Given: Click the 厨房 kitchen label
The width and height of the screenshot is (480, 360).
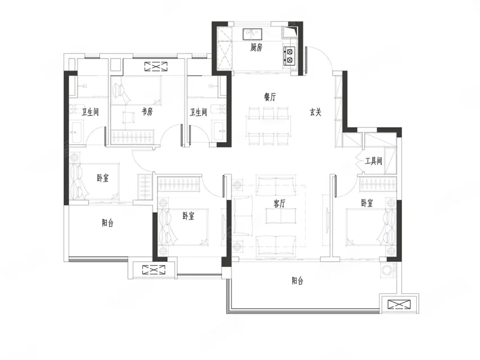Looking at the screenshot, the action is point(256,48).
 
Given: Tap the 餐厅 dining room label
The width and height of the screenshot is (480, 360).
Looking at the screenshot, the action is point(270,97).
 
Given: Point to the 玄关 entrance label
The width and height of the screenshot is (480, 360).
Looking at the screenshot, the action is point(315,112).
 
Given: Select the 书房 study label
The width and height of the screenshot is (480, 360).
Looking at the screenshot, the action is point(147,112).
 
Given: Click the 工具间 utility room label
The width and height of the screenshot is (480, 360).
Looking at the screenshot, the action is point(373,161).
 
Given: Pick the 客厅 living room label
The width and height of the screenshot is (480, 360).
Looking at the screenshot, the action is point(280,203).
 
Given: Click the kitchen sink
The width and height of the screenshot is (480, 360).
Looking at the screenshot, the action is point(253,34).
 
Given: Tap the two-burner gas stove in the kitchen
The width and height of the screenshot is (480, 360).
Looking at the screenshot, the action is point(289,56).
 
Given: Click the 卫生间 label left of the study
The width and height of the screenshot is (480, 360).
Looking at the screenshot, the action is point(90,112).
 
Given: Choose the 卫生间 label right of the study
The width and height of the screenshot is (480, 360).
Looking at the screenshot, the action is point(198,112).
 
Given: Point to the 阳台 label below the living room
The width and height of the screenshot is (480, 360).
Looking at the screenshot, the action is point(298,280).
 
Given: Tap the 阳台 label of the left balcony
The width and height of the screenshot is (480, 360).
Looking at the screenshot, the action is point(107,223).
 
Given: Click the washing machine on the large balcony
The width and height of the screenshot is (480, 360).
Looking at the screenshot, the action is point(387,270).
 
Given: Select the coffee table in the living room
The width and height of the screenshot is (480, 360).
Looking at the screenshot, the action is point(281,216).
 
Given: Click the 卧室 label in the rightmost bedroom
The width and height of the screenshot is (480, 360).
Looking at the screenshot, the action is point(366,203).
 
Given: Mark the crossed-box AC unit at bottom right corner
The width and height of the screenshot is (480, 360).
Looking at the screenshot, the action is point(399,305).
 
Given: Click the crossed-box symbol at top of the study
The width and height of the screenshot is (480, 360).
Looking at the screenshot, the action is point(156,67).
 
